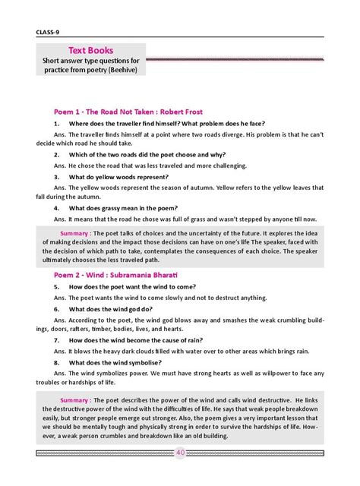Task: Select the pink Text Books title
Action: pyautogui.click(x=90, y=49)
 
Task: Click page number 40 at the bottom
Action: pyautogui.click(x=180, y=453)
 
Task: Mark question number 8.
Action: pyautogui.click(x=57, y=363)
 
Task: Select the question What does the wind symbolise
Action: pyautogui.click(x=118, y=363)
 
